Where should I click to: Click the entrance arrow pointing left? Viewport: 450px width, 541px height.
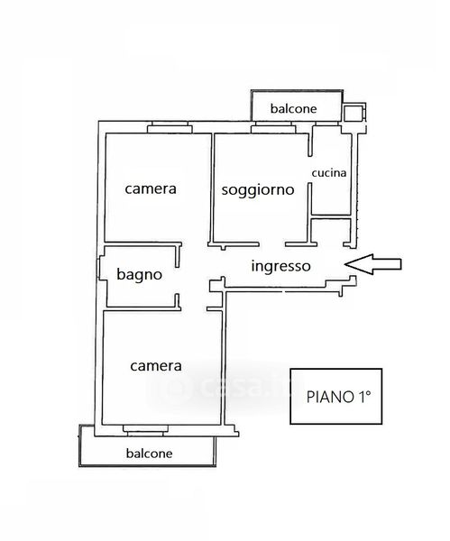pos(372,264)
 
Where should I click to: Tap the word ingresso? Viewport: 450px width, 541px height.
pos(280,266)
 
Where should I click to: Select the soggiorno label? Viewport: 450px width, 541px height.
pos(258,189)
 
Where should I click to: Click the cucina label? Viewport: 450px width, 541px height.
pos(329,172)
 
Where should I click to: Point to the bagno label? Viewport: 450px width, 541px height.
pos(140,275)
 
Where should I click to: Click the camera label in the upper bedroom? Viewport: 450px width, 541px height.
pos(151,188)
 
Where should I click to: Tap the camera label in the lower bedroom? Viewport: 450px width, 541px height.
pos(156,366)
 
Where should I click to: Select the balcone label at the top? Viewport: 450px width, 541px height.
pos(293,109)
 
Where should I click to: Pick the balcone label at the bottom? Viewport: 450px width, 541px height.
pos(149,453)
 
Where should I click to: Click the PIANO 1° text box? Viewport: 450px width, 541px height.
pos(336,396)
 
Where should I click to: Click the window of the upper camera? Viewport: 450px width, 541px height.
pos(170,127)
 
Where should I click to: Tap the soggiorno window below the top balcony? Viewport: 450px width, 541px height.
pos(273,127)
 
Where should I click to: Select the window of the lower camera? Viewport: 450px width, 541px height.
pos(145,430)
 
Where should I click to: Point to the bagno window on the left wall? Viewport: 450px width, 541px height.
pos(98,268)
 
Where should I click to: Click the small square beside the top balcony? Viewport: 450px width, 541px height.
pos(353,113)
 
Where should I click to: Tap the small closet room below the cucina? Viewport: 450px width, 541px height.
pos(331,231)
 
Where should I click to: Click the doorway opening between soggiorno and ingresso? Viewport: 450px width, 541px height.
pos(272,244)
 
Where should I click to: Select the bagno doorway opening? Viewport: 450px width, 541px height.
pos(178,280)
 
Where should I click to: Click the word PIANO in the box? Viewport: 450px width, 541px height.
pos(329,397)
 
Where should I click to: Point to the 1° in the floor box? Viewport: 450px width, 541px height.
pos(363,397)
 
